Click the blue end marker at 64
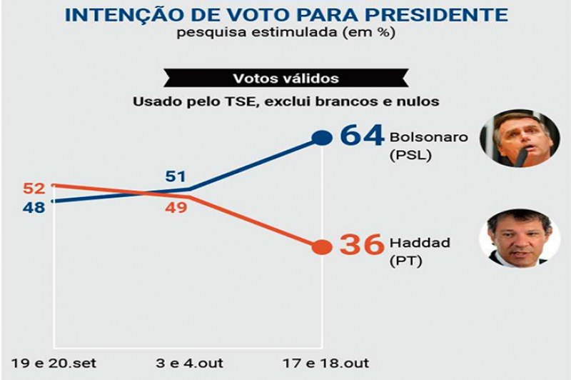[x=323, y=138]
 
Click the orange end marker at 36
[x=323, y=247]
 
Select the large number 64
[x=362, y=135]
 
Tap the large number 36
[x=362, y=244]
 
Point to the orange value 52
[x=34, y=189]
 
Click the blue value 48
[x=34, y=208]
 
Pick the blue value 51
[x=176, y=176]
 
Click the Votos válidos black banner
[x=285, y=78]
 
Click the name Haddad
[x=420, y=243]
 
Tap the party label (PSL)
[x=410, y=154]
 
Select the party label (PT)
[x=406, y=261]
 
